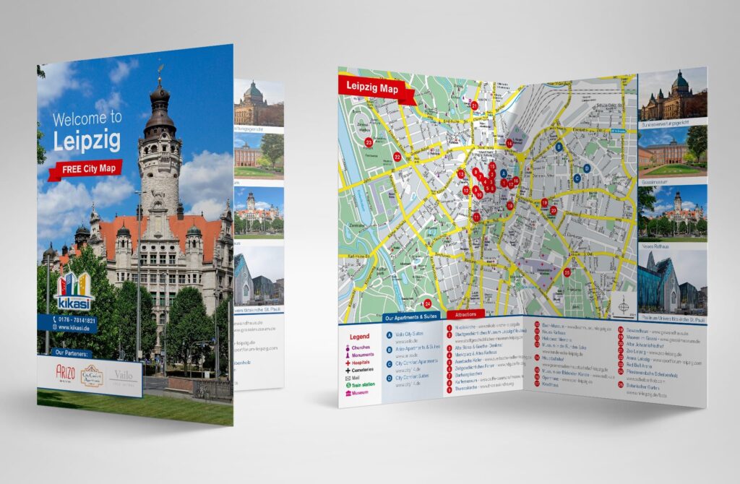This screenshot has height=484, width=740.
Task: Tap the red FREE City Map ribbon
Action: pos(86,170)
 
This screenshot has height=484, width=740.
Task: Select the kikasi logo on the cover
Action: pos(74,293)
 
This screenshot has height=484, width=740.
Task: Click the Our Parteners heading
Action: pos(71,353)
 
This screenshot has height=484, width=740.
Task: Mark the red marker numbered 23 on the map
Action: pos(369,143)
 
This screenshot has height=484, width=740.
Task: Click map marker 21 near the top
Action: pos(474,105)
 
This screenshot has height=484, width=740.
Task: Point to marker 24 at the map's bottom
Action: pos(427,303)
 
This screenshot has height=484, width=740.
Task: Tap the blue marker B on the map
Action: pos(559,147)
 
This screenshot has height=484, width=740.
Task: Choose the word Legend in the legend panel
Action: pos(359,337)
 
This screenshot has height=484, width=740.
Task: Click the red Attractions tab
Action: pos(465,316)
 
